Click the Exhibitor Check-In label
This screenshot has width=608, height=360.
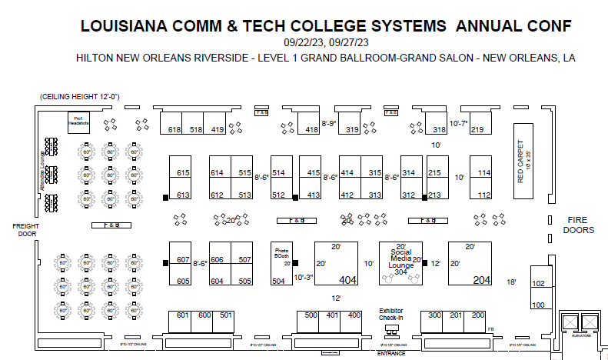point(391,315)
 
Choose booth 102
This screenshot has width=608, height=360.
point(538,285)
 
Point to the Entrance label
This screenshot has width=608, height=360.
point(391,353)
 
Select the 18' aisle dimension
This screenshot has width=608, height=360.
point(511,282)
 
